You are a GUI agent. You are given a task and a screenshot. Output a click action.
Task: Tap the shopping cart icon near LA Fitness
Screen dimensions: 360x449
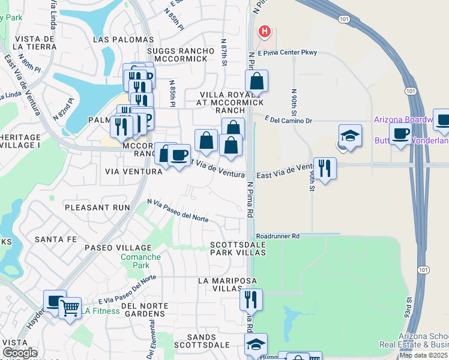pos(70,308)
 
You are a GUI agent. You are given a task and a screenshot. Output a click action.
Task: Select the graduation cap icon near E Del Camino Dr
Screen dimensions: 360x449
pos(350,136)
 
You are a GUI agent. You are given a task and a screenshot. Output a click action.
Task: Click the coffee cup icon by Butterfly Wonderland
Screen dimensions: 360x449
pos(400,133)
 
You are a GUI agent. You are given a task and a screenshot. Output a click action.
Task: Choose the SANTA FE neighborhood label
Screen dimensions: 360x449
pos(56,239)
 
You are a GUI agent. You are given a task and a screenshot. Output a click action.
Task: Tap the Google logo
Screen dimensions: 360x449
pos(20,353)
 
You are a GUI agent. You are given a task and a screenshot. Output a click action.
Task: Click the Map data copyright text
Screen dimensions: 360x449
pos(424,355)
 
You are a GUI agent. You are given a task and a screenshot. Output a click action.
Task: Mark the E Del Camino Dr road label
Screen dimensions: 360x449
pos(288,121)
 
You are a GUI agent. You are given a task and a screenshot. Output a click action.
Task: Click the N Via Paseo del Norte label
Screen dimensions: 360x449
pos(178,211)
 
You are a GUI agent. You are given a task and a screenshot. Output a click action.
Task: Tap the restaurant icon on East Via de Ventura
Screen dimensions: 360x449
pos(325,168)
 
